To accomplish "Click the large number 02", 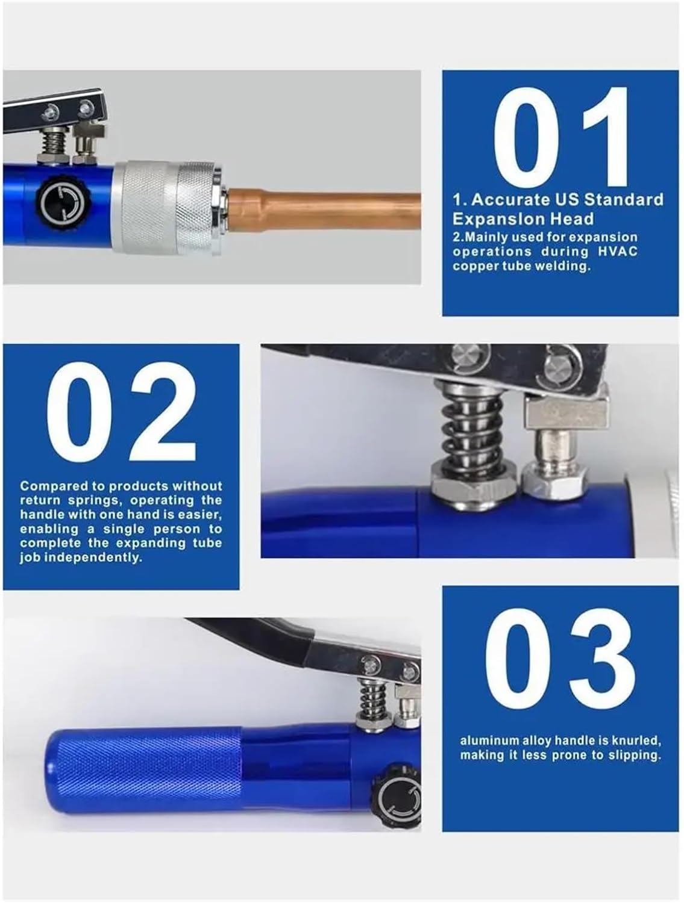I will point(121,412).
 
